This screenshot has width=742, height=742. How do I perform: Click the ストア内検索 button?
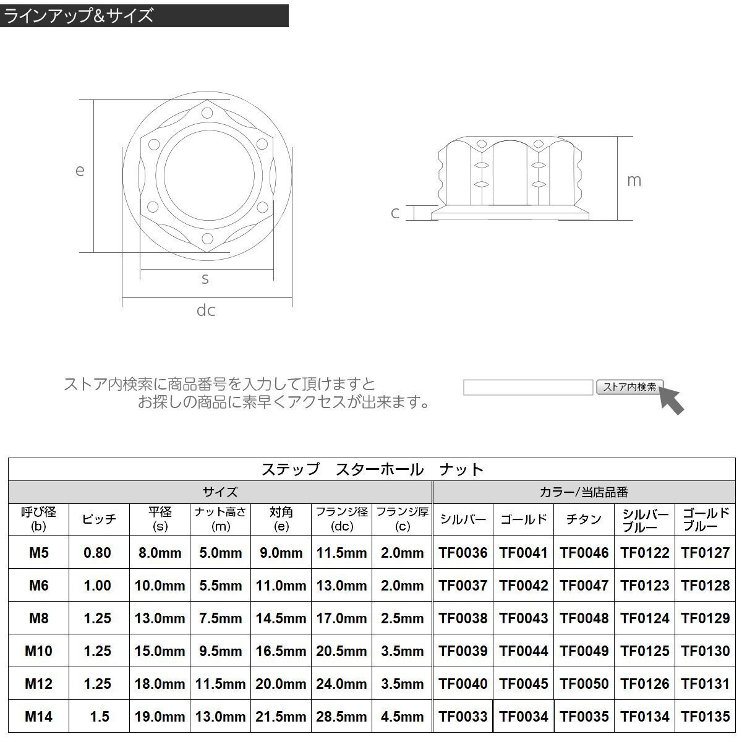tap(629, 387)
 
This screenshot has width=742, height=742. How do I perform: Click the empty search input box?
tap(528, 388)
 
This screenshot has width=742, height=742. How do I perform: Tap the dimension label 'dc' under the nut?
tap(206, 310)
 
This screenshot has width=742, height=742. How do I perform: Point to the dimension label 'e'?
tap(80, 170)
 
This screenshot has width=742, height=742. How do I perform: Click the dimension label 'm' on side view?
tap(634, 180)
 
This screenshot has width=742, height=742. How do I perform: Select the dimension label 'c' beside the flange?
tap(395, 213)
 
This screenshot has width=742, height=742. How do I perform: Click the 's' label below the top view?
tap(205, 279)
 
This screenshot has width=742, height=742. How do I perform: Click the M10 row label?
tap(38, 650)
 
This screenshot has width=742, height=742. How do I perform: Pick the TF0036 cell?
tap(463, 553)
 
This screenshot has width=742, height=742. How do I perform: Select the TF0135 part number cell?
tap(706, 717)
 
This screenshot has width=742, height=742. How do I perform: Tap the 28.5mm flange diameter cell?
tap(342, 717)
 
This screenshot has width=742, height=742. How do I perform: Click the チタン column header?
tap(584, 519)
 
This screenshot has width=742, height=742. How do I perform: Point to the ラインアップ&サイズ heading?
tap(79, 15)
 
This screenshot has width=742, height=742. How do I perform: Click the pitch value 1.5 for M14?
tap(99, 717)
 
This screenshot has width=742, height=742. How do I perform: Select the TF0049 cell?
tap(584, 650)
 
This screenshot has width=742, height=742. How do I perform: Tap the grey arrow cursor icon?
tap(672, 399)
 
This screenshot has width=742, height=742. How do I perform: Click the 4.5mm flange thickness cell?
tap(403, 717)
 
